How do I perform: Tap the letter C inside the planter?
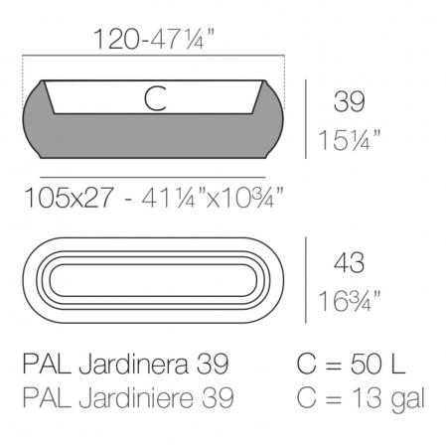[x=154, y=97]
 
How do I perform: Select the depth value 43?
[x=348, y=263]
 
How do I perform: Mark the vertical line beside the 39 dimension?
[x=304, y=118]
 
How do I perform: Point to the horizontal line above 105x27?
[x=154, y=175]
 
